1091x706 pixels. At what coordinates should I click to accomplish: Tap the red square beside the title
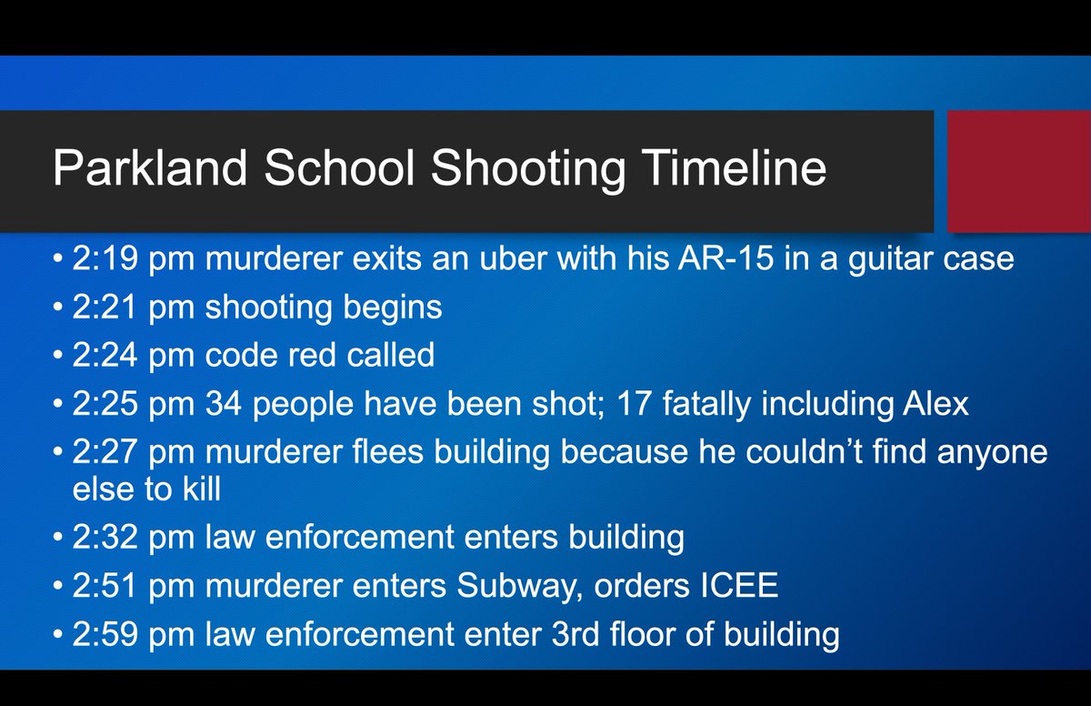click(x=1018, y=171)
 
